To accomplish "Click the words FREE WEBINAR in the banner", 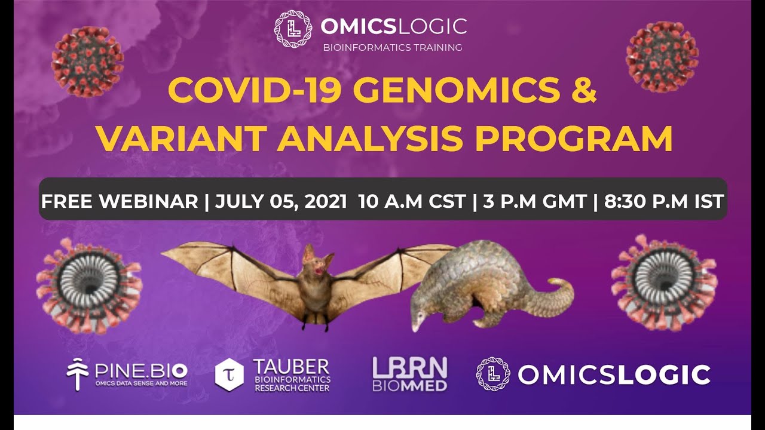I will coord(119,201).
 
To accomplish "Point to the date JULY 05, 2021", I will coord(281,201).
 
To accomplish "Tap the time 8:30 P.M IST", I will coord(664,201).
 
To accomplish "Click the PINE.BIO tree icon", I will coord(78,374).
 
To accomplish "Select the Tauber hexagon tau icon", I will coord(229,374).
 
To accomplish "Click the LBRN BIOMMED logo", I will coord(409,374).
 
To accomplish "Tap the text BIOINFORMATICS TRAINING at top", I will coord(393,47).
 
